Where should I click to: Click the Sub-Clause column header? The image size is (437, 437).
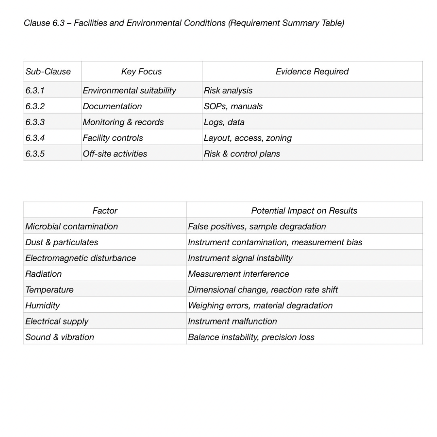click(48, 72)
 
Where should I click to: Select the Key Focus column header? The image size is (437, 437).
click(141, 72)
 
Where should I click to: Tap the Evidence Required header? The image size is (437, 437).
click(312, 72)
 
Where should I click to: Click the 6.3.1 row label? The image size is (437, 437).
click(35, 91)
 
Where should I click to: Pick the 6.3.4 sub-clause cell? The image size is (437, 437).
click(35, 138)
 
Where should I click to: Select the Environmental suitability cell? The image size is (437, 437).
click(129, 91)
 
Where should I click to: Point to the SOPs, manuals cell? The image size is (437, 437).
click(233, 106)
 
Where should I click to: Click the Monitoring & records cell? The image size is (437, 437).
click(123, 122)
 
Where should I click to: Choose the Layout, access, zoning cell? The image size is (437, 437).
click(248, 138)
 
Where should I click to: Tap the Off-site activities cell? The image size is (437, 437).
click(115, 154)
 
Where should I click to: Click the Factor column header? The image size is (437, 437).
click(105, 210)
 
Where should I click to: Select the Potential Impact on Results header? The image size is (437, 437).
click(304, 210)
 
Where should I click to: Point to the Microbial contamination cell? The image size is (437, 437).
click(72, 227)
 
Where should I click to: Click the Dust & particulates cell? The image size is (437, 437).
click(62, 242)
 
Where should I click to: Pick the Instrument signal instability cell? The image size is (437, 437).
click(240, 258)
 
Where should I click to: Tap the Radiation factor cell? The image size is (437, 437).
click(44, 274)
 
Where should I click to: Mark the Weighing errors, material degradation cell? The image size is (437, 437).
click(260, 305)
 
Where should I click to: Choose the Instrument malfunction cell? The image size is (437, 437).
click(232, 321)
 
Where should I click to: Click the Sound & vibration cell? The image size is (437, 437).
click(59, 337)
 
